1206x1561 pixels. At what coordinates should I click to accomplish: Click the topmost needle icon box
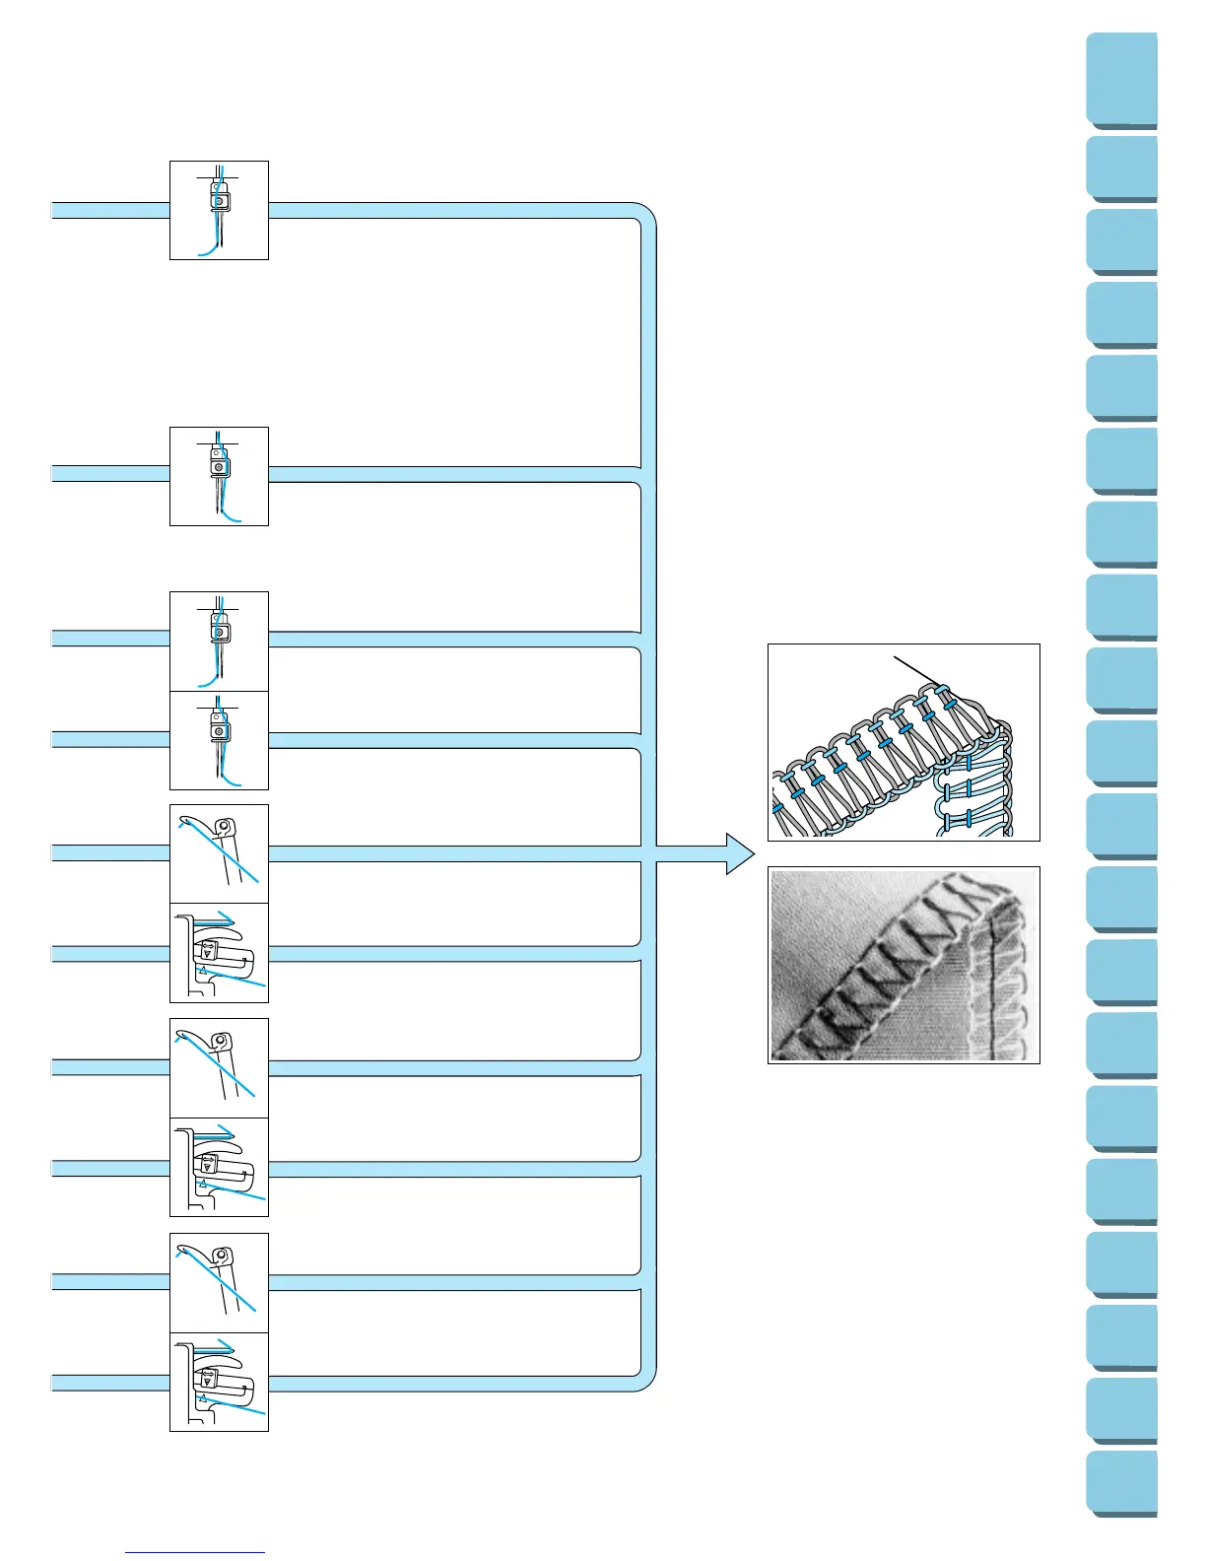[x=219, y=210]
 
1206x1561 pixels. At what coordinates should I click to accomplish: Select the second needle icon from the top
[x=219, y=476]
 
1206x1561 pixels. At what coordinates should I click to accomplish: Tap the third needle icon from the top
[x=219, y=641]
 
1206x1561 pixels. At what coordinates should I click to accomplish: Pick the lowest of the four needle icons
[x=219, y=740]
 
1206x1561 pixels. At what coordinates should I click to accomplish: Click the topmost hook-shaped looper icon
[x=219, y=853]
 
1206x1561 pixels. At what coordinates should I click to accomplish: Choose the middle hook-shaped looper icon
[x=219, y=1068]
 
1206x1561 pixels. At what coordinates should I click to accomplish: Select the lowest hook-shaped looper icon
[x=219, y=1282]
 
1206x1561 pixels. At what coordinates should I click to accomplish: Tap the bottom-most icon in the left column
[x=219, y=1382]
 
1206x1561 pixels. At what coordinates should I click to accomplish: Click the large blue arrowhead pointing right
[x=738, y=853]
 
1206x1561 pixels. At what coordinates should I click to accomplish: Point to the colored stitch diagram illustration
[x=904, y=742]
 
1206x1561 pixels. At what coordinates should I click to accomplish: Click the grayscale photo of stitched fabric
[x=904, y=965]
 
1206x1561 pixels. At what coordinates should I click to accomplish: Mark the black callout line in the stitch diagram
[x=916, y=669]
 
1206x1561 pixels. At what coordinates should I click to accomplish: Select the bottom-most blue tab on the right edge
[x=1122, y=1483]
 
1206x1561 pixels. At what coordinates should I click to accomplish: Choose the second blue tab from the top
[x=1122, y=170]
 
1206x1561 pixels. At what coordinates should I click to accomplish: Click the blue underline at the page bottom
[x=195, y=1552]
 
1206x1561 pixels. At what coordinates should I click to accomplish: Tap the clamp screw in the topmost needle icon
[x=219, y=200]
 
